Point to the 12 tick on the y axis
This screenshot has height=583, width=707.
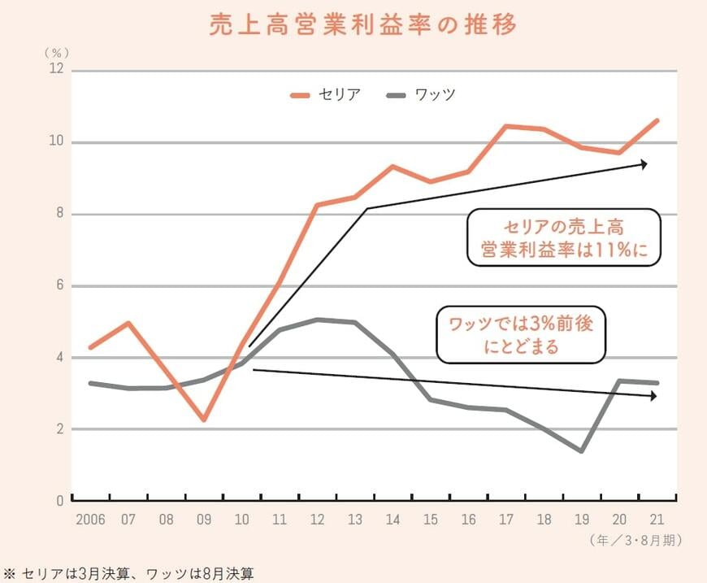(x=57, y=71)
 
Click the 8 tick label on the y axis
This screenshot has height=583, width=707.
(x=59, y=215)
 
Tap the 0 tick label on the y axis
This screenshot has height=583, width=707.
(x=59, y=501)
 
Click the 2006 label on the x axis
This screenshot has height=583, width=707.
(x=91, y=518)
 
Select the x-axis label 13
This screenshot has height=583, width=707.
(x=354, y=518)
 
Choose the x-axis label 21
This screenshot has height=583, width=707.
(x=657, y=518)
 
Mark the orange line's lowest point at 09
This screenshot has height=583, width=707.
(x=204, y=420)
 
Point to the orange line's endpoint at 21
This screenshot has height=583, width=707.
(x=657, y=120)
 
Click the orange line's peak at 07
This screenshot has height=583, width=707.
(x=128, y=323)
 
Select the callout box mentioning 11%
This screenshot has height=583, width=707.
(x=564, y=237)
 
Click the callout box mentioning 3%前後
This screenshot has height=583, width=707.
(x=521, y=334)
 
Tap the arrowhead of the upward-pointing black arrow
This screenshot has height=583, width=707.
(x=644, y=164)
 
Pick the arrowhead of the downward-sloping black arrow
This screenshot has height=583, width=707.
(x=653, y=396)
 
